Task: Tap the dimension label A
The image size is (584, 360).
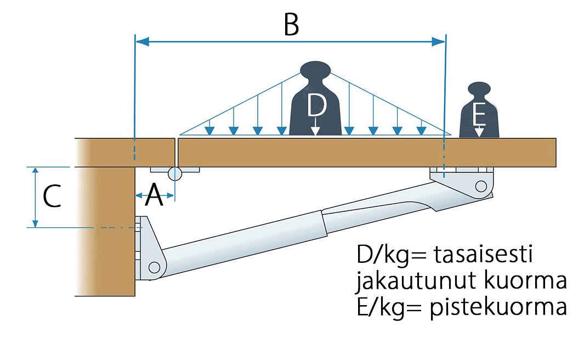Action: tap(154, 195)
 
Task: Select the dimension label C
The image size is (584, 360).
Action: tap(52, 196)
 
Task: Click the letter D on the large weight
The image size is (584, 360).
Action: tap(316, 105)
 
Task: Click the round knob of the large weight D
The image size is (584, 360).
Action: tap(316, 70)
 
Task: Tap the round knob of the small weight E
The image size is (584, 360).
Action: tap(479, 89)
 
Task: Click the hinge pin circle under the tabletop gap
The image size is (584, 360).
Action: tap(175, 174)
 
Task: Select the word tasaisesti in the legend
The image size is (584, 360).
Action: tap(483, 256)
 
